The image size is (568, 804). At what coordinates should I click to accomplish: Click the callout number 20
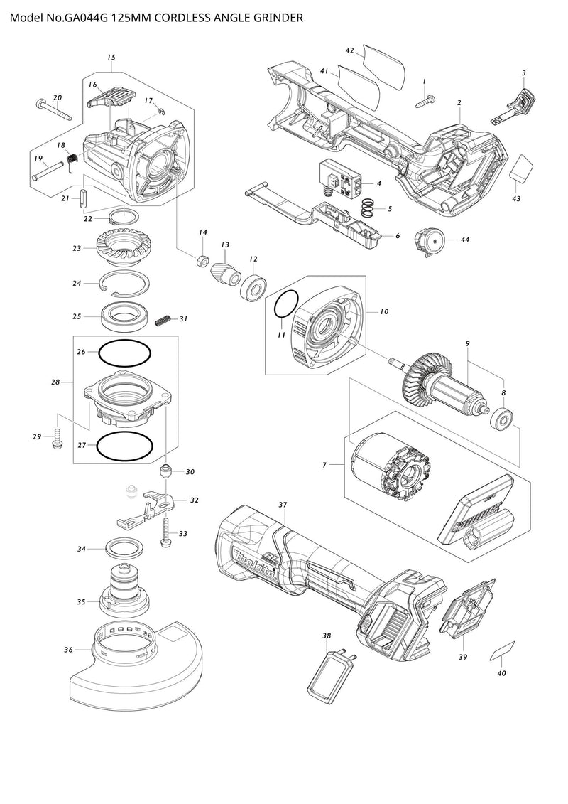58,97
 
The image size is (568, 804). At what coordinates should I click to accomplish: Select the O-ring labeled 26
124,352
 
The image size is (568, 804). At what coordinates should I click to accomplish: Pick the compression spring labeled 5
367,208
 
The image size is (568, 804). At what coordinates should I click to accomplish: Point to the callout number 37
283,505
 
